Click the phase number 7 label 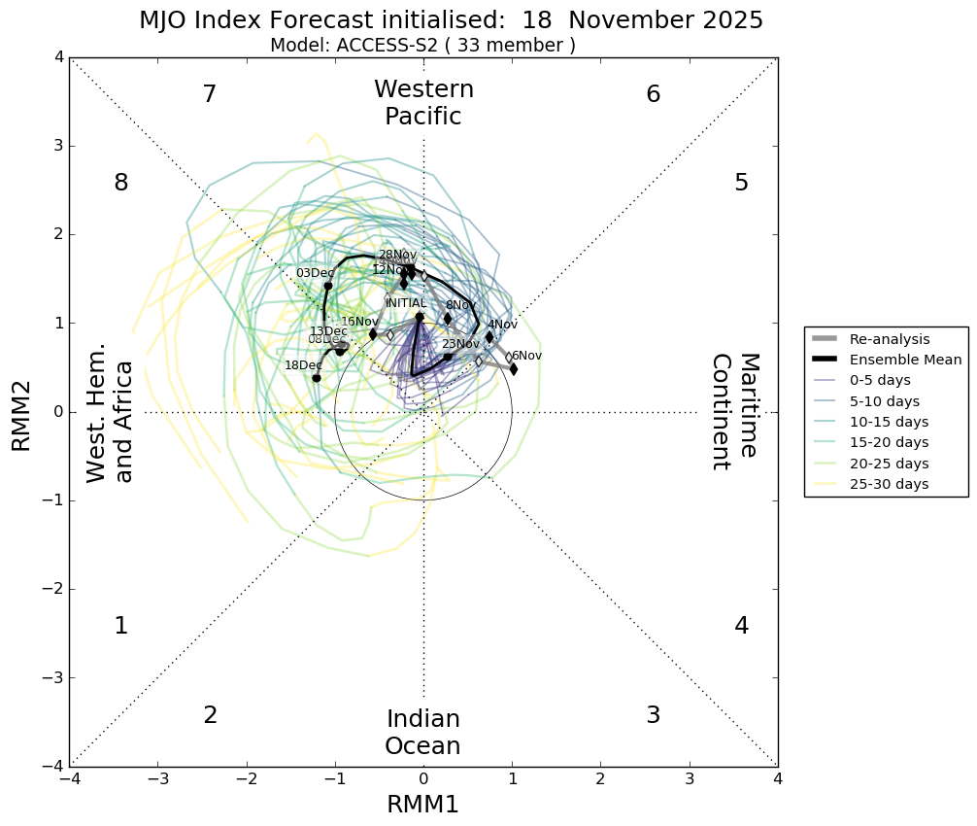(x=209, y=94)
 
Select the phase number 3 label (x=653, y=715)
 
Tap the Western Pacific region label (x=423, y=103)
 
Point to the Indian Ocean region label (x=422, y=733)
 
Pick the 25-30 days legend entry (x=889, y=484)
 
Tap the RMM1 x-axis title (x=422, y=805)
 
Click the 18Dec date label (x=303, y=365)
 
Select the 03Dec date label (x=315, y=273)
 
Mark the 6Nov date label (x=526, y=356)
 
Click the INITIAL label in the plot (x=406, y=303)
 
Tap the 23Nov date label (x=460, y=344)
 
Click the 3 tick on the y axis (x=59, y=146)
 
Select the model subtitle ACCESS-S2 (x=422, y=46)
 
